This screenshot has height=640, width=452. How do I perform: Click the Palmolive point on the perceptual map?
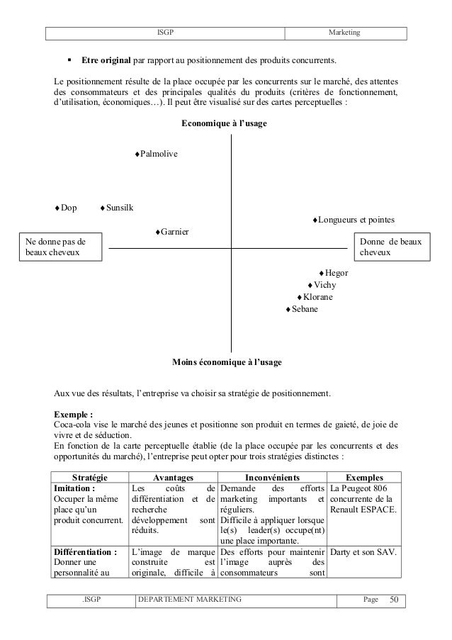137,154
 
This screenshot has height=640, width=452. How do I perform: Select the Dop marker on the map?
58,208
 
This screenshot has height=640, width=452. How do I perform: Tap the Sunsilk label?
119,208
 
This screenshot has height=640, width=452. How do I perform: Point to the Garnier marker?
157,232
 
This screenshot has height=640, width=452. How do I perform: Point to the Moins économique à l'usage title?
227,362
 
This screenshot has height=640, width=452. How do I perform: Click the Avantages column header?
174,478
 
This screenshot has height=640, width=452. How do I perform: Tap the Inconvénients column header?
272,478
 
